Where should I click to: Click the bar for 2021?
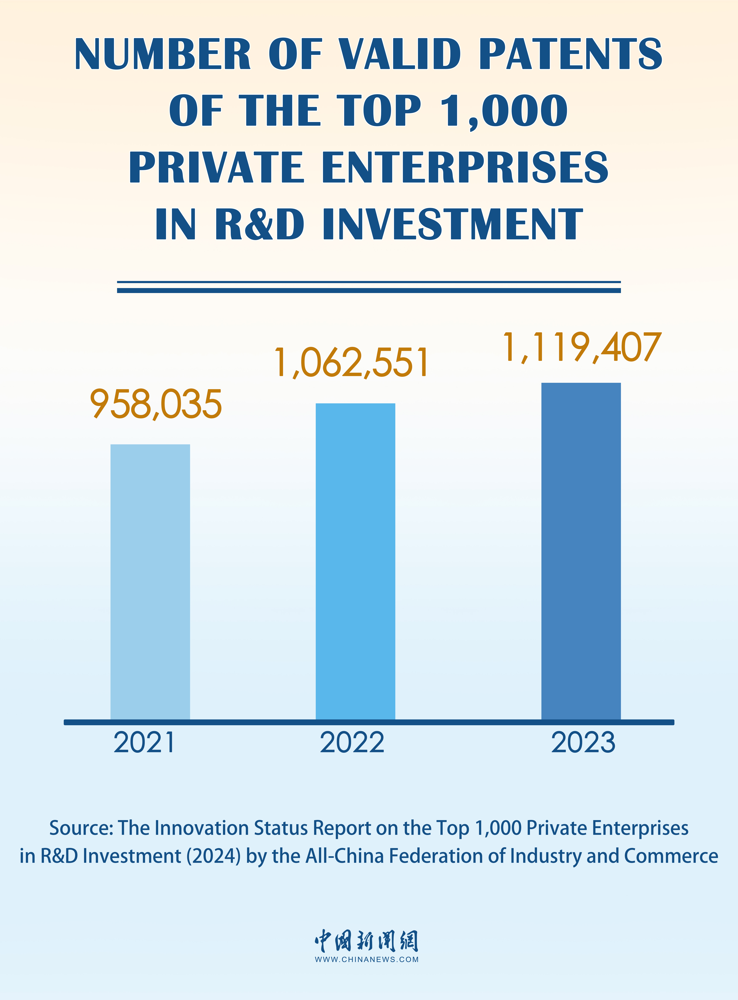(x=150, y=581)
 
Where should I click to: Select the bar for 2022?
(x=355, y=561)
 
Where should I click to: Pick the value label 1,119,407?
(x=582, y=348)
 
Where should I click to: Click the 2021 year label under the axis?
(x=144, y=743)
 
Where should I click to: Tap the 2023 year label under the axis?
(x=583, y=743)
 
